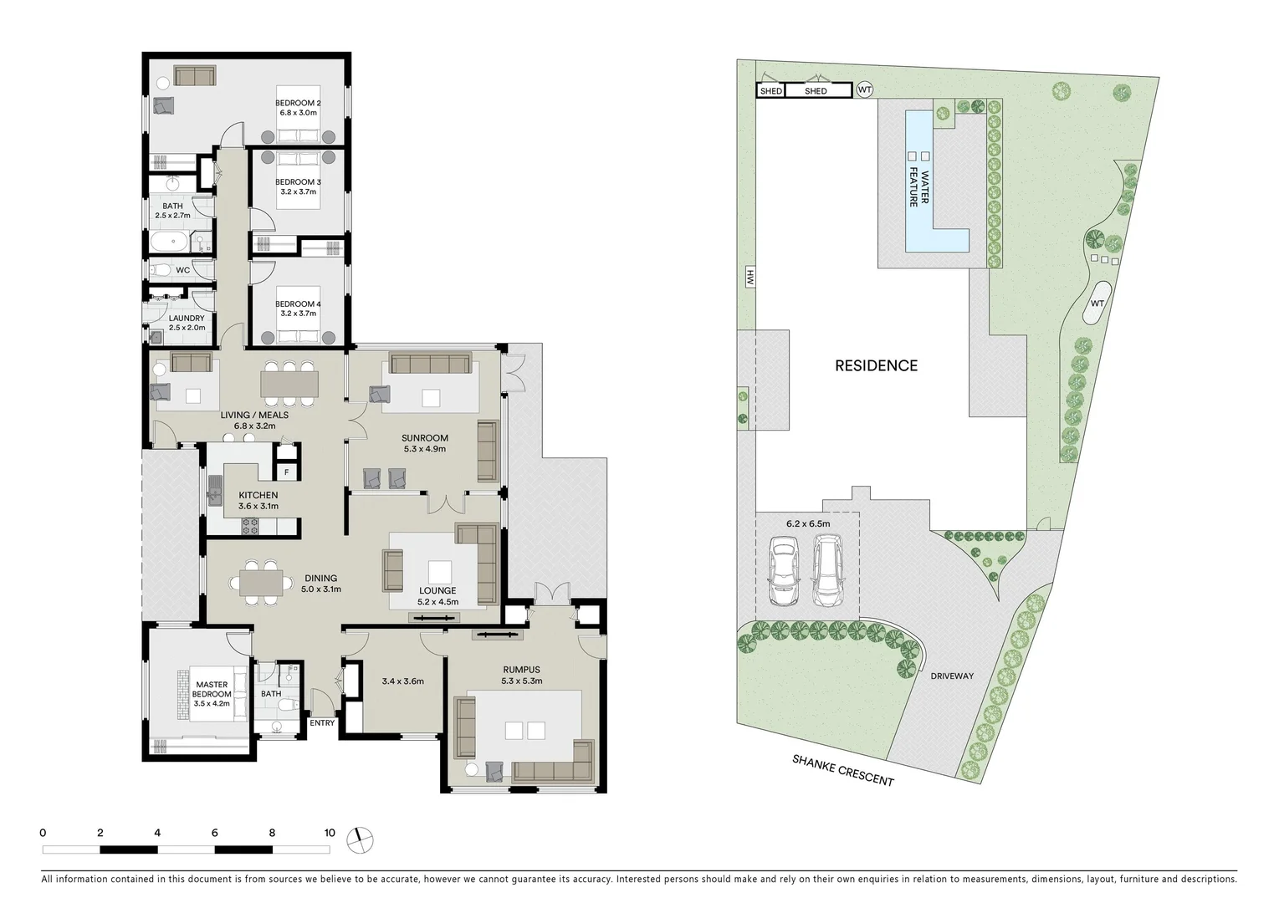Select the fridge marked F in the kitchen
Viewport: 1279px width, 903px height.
[x=286, y=472]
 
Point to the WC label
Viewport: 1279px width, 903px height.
[x=182, y=270]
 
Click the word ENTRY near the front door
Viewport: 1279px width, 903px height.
[x=322, y=723]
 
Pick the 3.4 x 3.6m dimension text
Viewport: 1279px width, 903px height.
[x=402, y=681]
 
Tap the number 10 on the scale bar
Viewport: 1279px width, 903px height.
[x=330, y=833]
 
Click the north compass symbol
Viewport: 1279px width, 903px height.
[x=363, y=839]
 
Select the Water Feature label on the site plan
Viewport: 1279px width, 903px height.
[x=919, y=188]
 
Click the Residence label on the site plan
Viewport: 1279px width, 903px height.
[x=876, y=365]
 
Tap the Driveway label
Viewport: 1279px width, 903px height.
[x=952, y=676]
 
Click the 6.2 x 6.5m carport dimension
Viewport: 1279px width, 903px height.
[x=807, y=524]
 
